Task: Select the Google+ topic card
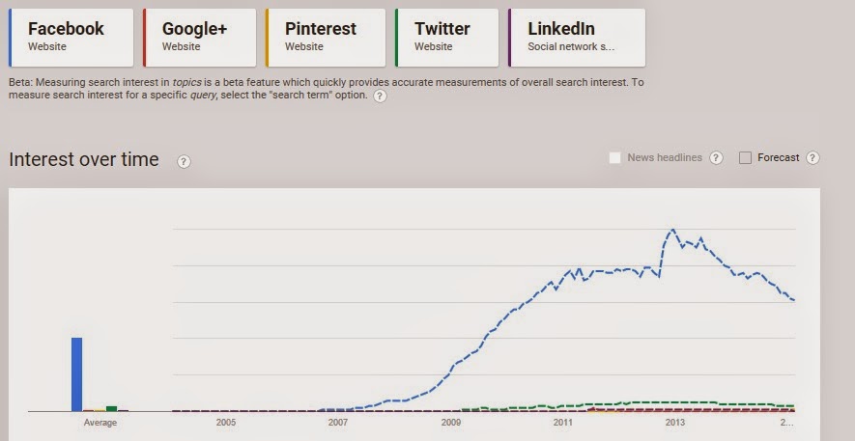[200, 38]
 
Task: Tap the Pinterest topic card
[327, 38]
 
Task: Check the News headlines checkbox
[614, 158]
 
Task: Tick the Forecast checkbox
[745, 158]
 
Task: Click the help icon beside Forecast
[812, 158]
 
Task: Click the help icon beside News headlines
[716, 158]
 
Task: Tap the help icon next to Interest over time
[184, 161]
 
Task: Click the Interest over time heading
[84, 160]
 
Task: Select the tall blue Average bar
[77, 373]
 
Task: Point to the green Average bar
[112, 408]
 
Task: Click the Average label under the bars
[100, 423]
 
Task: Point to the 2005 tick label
[226, 423]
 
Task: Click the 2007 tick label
[338, 423]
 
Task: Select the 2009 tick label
[450, 423]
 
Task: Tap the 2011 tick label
[562, 423]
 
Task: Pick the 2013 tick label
[674, 423]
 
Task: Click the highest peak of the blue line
[672, 230]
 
